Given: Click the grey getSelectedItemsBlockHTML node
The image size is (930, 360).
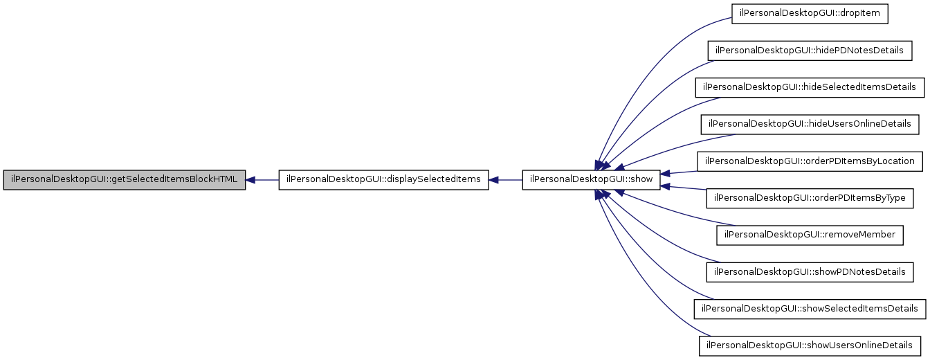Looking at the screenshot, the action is tap(125, 180).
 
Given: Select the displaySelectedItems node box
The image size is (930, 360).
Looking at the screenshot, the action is tap(384, 180).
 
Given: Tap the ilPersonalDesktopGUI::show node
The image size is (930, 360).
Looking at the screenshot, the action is tap(591, 180).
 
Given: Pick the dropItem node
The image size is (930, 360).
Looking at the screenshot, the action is tap(810, 14).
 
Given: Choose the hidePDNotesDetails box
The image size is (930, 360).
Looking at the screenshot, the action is tap(810, 51).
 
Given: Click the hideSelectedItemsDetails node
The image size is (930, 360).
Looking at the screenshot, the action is tap(810, 87).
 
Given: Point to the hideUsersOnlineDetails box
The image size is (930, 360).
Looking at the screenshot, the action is tap(810, 125).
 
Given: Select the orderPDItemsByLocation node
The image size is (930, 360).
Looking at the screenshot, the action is tap(810, 161).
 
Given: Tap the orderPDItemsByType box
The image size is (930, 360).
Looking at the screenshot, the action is tap(810, 198).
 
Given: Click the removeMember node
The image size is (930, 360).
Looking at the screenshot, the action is tap(810, 235).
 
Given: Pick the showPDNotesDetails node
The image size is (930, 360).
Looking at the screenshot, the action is tap(810, 271).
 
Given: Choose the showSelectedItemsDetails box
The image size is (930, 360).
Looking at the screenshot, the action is tap(810, 309).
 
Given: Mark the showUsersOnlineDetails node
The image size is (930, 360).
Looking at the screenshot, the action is tap(810, 345).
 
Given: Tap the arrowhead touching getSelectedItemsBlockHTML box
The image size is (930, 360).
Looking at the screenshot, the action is tap(251, 180).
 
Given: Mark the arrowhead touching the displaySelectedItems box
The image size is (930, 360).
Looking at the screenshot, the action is tap(494, 180).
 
